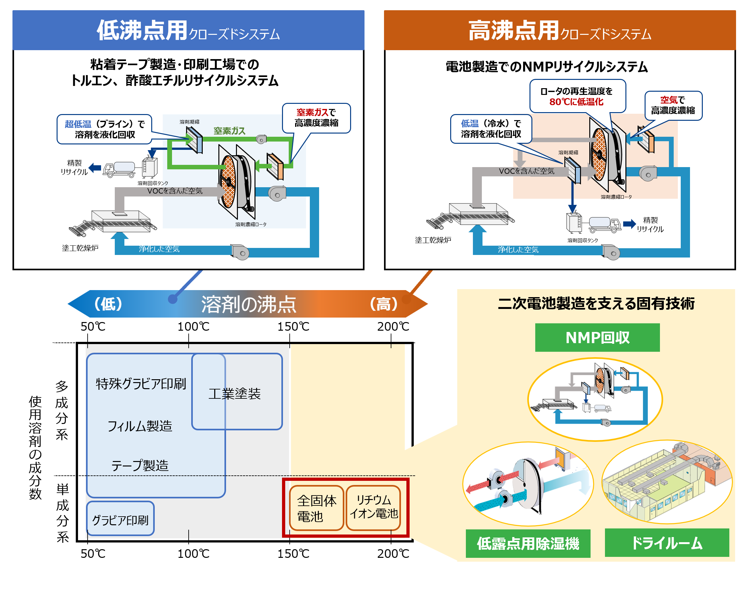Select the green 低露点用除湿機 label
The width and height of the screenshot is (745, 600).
coord(528,543)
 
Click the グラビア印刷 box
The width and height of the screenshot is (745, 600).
coord(120,519)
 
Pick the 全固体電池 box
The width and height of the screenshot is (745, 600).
coord(316,508)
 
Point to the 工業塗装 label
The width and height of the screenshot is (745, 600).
coord(234,393)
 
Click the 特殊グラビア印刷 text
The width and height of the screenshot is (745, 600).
coord(141,383)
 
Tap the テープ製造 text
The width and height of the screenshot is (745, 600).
coord(140,465)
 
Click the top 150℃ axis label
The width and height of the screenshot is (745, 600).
coord(293,326)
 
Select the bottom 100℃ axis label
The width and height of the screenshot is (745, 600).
coord(193,553)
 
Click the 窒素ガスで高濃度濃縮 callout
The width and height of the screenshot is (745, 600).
coord(316,118)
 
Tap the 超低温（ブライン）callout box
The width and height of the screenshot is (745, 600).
coord(105,129)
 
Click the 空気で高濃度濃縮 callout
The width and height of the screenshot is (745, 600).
coord(673,105)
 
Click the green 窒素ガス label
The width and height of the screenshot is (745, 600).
coord(229,131)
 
